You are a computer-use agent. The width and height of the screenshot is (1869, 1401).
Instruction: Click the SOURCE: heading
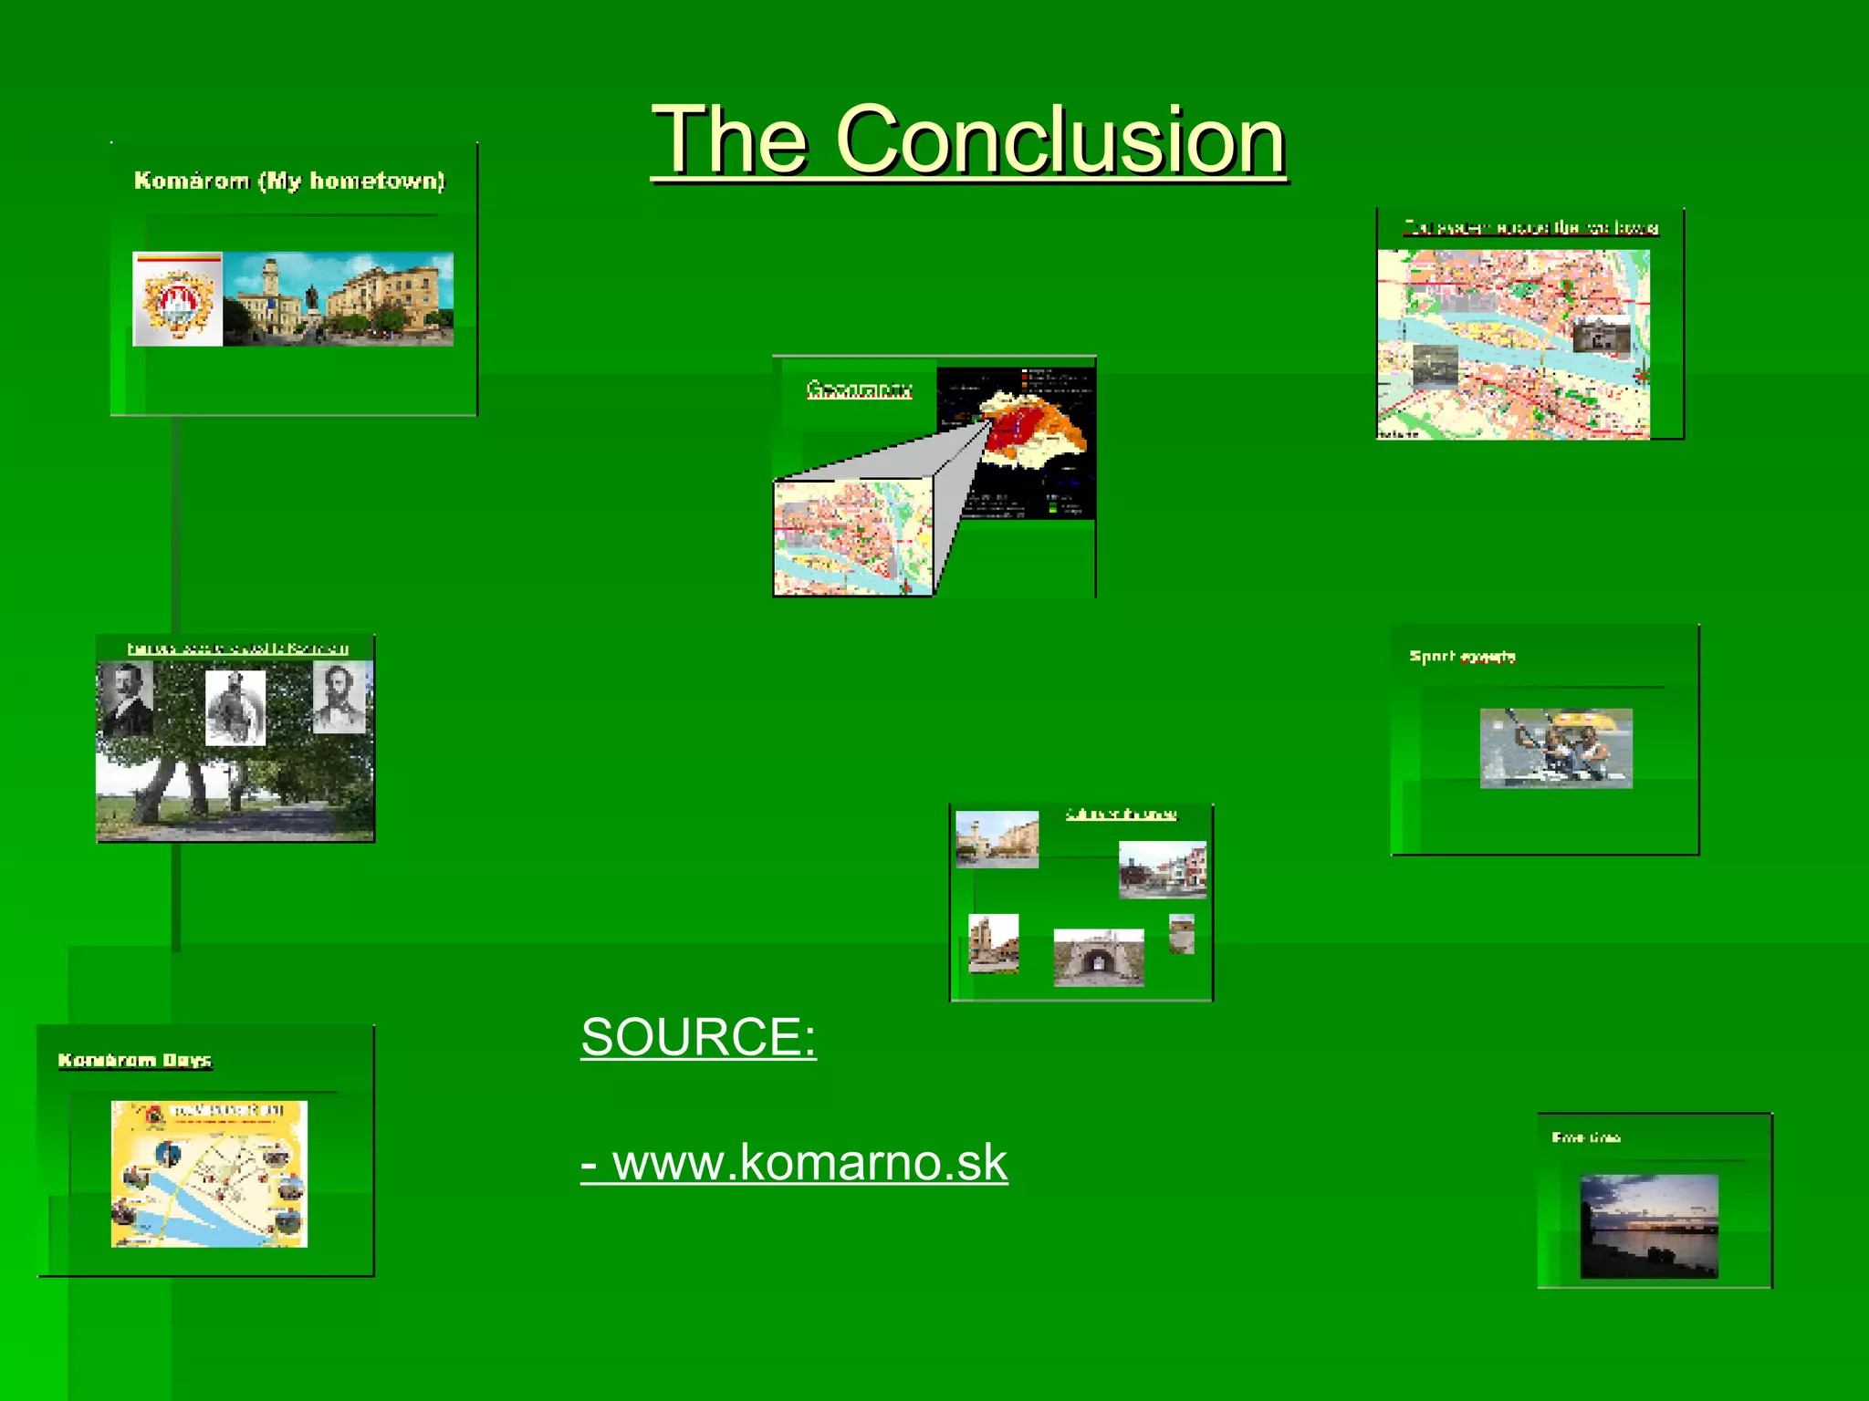[698, 1037]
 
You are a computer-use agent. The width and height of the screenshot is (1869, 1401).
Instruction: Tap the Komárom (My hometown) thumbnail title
[289, 181]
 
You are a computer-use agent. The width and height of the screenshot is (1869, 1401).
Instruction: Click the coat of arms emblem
[177, 299]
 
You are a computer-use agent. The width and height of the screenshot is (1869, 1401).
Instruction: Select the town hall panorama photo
[339, 299]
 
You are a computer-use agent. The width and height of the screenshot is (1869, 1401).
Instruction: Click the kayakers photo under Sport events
[1556, 748]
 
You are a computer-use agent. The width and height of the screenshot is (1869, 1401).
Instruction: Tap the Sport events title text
[1462, 657]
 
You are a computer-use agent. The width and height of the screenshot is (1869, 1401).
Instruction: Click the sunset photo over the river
[1649, 1226]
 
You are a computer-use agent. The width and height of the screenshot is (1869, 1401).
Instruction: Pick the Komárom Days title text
[135, 1060]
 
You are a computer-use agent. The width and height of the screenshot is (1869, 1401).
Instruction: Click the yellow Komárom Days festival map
[209, 1174]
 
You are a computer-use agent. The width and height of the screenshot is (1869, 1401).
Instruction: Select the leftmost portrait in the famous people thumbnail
[127, 700]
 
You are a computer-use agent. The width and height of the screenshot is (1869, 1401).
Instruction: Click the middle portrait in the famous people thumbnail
[235, 708]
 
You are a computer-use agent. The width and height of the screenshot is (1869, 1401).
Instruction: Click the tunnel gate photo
[1099, 958]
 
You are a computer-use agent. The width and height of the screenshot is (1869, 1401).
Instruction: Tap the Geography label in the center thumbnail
[859, 390]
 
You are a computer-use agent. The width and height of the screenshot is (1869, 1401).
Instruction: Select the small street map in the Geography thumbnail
[852, 538]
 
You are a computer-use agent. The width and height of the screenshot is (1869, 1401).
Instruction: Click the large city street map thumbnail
[1513, 345]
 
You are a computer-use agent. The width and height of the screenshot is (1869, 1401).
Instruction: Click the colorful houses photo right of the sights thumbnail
[1162, 870]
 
